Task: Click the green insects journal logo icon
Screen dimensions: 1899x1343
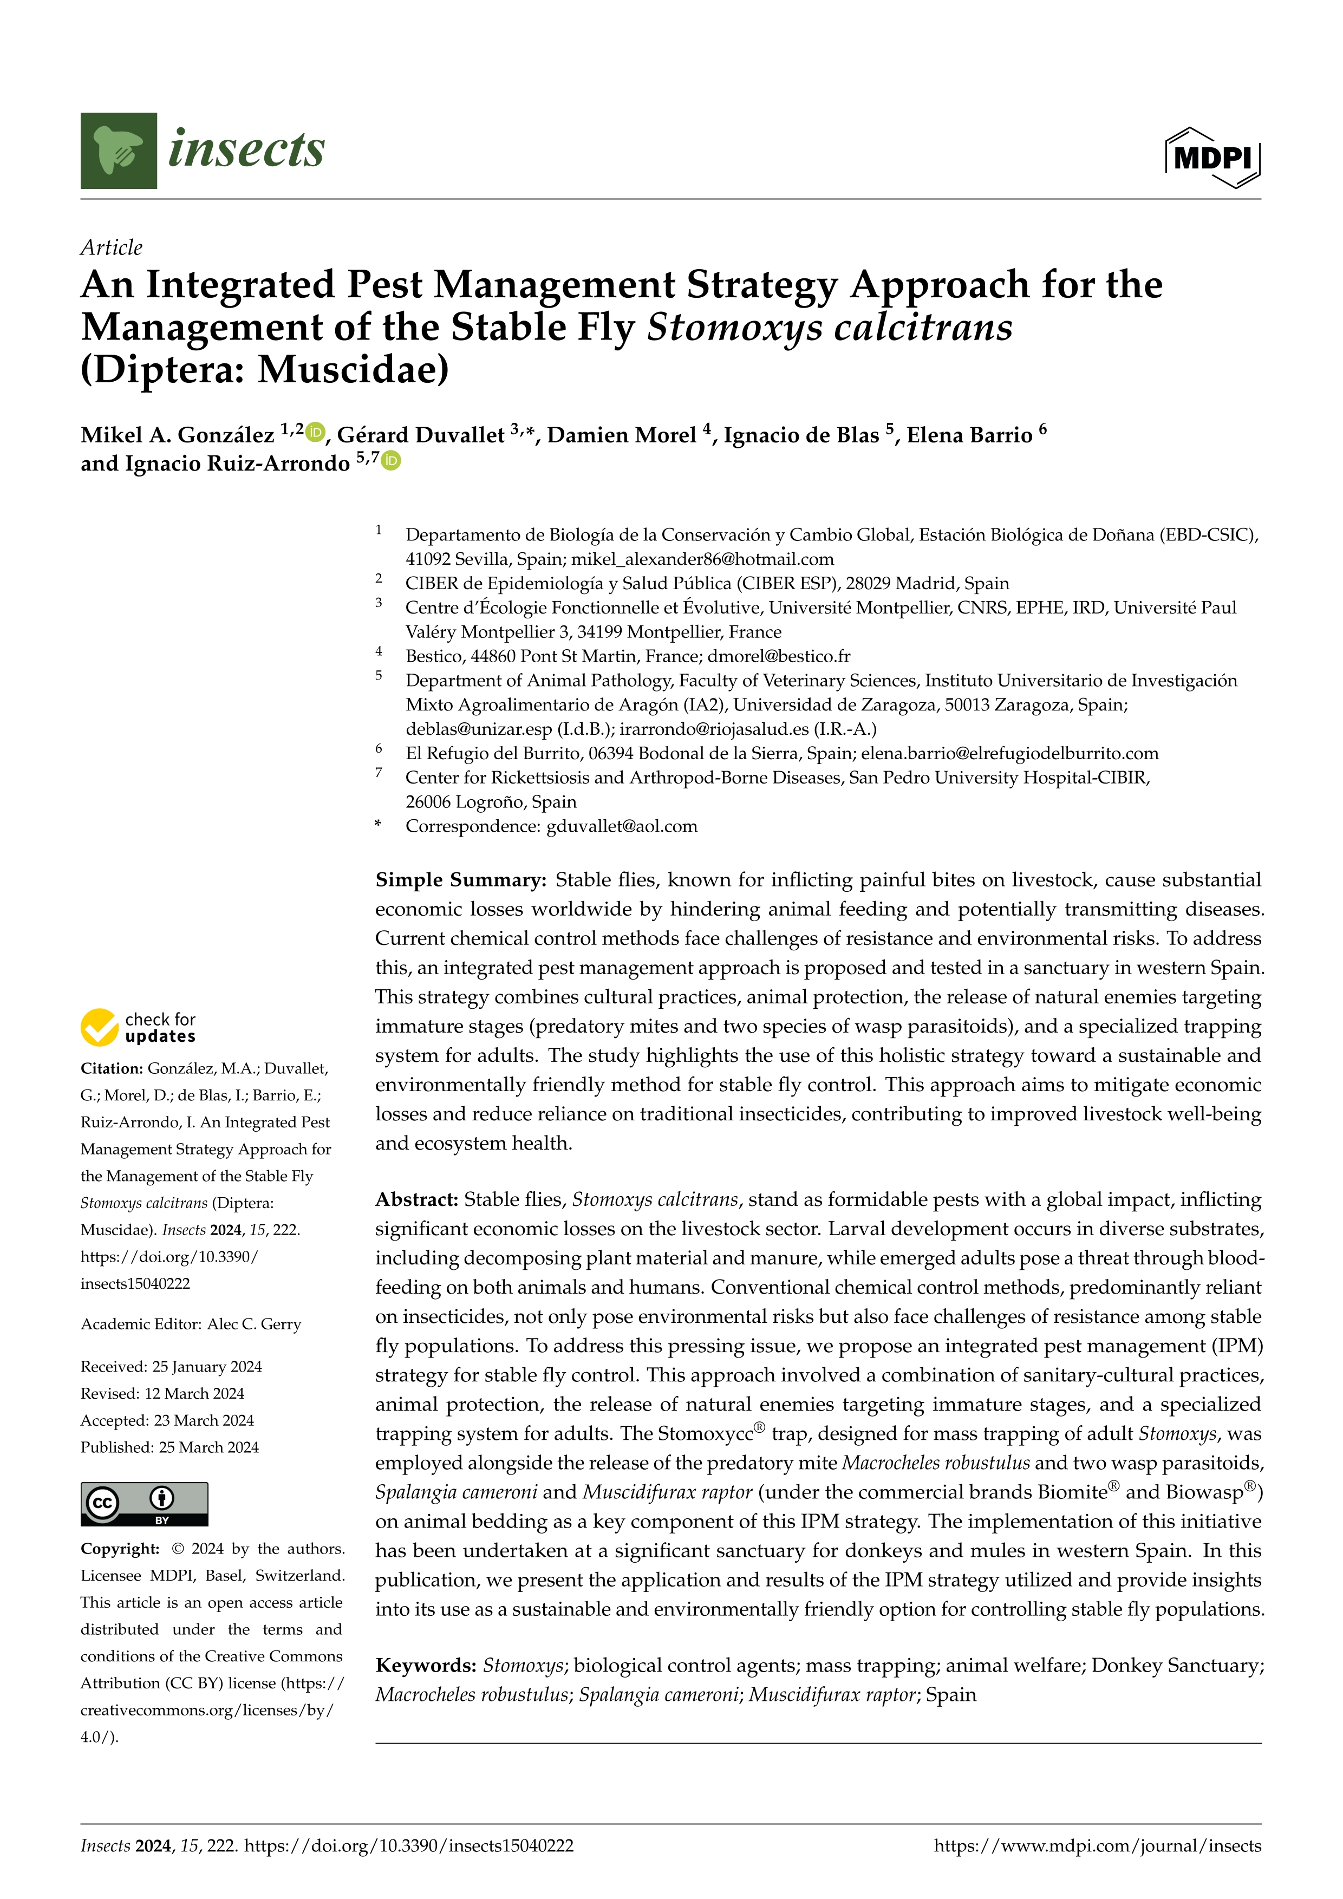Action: point(118,151)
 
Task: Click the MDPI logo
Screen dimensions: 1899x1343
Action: point(1212,157)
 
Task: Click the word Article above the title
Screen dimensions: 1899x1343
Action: point(111,247)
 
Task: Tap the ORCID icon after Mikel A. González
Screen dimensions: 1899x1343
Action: point(315,432)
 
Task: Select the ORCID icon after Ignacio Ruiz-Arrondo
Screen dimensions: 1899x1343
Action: point(391,461)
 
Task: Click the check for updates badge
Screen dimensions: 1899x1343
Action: point(138,1027)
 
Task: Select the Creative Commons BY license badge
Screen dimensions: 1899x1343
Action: point(144,1504)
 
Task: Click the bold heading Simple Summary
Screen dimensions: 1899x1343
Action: point(460,880)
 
